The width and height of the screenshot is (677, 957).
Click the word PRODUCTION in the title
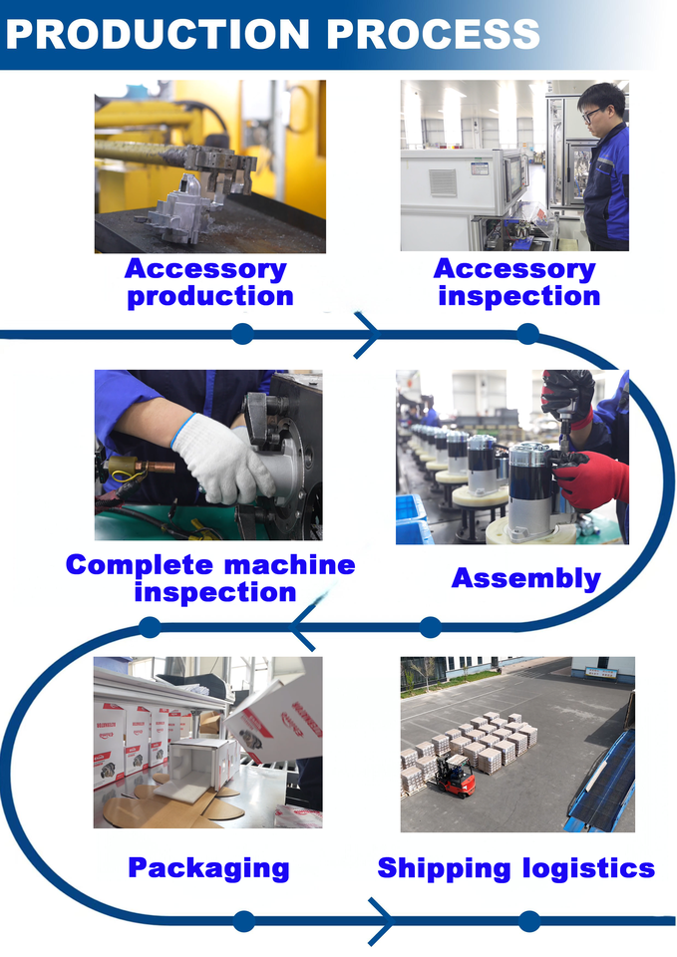(x=159, y=34)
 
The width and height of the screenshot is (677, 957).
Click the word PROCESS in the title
(x=434, y=34)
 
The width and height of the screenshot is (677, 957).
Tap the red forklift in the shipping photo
(x=456, y=776)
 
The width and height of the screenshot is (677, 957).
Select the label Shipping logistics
(x=515, y=868)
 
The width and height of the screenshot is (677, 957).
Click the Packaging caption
(x=208, y=868)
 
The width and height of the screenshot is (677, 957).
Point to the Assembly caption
(x=526, y=578)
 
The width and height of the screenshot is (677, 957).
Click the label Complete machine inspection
(x=210, y=578)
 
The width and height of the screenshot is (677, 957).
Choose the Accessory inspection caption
(x=516, y=282)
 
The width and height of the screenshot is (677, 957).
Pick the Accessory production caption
(x=207, y=282)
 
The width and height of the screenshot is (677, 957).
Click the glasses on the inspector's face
(x=591, y=114)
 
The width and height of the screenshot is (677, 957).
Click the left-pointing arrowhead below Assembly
(x=303, y=627)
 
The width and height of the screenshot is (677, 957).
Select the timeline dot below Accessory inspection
(x=528, y=334)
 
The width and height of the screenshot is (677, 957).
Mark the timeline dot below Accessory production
(x=243, y=334)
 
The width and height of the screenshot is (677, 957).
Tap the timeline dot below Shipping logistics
(x=528, y=921)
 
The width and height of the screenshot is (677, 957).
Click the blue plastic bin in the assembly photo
(x=411, y=519)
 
